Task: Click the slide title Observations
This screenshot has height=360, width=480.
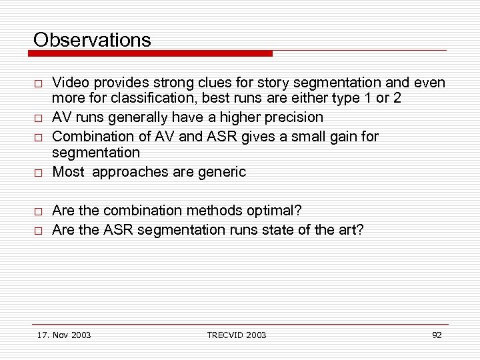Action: coord(92,40)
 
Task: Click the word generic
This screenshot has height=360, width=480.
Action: coord(222,172)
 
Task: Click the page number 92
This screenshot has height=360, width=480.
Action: coord(437,335)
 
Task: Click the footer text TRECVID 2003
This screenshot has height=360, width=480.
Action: coord(237,335)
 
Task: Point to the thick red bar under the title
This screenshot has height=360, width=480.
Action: coord(153,53)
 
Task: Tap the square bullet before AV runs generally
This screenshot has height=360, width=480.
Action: coord(39,119)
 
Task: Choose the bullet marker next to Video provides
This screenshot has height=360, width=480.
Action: coord(39,84)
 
